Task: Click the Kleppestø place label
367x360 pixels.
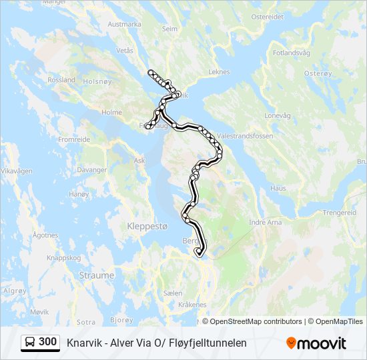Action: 147,226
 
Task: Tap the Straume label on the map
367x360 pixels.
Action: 97,275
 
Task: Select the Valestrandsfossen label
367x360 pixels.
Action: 246,135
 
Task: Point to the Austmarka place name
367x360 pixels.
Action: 125,24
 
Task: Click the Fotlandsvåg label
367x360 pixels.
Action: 292,53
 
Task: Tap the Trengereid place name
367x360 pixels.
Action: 340,213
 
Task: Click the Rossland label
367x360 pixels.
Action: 61,79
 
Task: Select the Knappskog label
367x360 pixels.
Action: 63,257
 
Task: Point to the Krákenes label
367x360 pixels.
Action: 192,304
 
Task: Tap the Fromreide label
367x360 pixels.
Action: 74,140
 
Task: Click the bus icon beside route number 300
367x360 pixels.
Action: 31,343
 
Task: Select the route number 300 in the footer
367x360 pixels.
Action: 48,342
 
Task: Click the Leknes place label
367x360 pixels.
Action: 219,72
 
